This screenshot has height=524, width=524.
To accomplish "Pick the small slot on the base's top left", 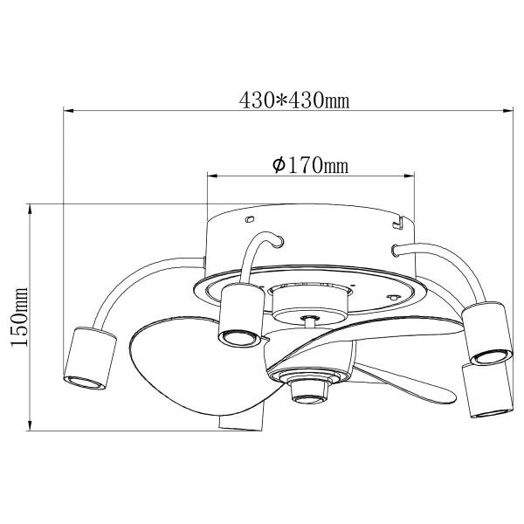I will point(250,219).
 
